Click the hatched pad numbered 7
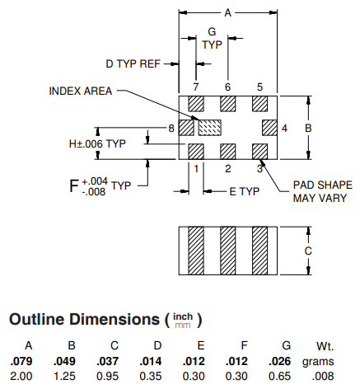196,104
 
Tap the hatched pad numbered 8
186,128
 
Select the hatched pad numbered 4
269,128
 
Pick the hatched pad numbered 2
228,152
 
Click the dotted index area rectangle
210,128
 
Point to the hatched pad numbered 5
259,104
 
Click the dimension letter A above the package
228,12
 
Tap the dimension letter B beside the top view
308,128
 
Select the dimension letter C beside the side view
308,251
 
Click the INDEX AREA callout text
81,91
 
